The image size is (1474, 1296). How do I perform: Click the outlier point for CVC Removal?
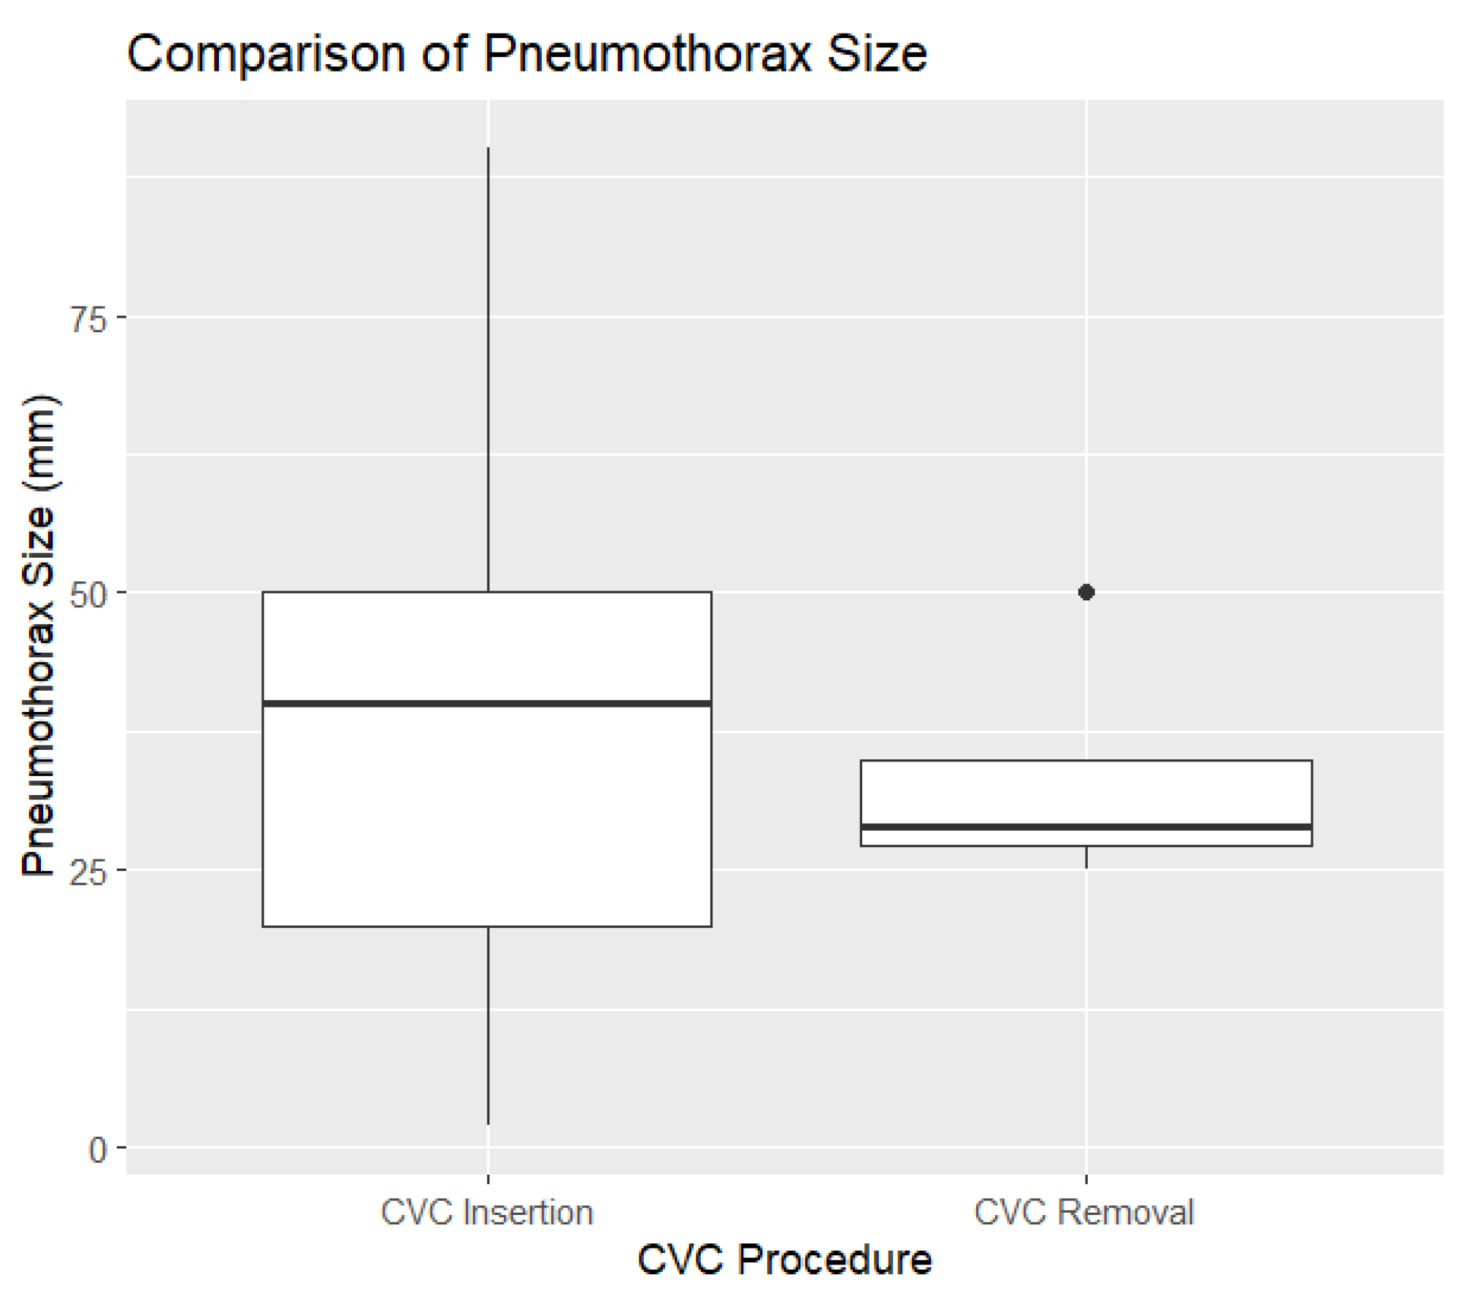click(1086, 591)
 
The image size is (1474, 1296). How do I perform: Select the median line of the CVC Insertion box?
click(487, 703)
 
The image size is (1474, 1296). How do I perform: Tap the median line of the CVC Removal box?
click(1086, 827)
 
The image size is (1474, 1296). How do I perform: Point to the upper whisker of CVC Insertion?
click(488, 365)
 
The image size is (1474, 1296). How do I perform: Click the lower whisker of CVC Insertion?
click(488, 1022)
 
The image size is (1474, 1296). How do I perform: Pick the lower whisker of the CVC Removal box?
click(1086, 856)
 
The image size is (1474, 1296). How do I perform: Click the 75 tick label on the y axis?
click(88, 319)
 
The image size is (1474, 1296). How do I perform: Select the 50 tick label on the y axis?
click(88, 595)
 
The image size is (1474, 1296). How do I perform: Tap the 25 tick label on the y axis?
click(88, 872)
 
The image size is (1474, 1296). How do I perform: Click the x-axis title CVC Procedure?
click(784, 1259)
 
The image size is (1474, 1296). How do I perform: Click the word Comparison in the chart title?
click(266, 55)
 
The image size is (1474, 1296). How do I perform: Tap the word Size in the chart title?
click(876, 55)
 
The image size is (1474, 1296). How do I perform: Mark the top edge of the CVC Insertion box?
click(487, 592)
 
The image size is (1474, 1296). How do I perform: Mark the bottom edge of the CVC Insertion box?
click(487, 926)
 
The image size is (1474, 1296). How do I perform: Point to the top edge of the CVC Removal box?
click(1086, 761)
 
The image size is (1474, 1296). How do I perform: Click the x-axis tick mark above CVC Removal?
click(1086, 1178)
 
